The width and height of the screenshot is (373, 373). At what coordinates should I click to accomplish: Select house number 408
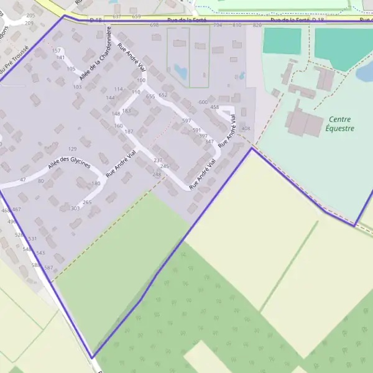tap(246, 129)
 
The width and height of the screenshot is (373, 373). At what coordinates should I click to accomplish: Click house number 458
tap(214, 108)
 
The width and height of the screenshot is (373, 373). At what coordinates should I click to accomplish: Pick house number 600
tap(203, 102)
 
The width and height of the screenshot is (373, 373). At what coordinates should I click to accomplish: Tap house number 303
tap(75, 208)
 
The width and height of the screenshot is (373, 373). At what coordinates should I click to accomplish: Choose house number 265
tap(87, 203)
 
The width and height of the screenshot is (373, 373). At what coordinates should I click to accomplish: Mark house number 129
tap(72, 149)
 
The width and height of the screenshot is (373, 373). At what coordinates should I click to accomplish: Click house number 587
tap(49, 268)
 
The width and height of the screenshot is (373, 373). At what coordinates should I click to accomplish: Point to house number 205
tap(30, 15)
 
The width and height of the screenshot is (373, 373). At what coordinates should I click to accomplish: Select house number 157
tap(57, 50)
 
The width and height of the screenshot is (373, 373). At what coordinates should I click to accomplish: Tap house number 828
tap(257, 25)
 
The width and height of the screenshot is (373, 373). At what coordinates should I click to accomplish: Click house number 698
tap(155, 25)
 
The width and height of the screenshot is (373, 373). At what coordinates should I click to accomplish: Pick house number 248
tap(156, 175)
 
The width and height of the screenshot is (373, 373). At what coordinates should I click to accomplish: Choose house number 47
tap(23, 180)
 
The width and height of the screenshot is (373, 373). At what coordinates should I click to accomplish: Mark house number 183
tap(126, 111)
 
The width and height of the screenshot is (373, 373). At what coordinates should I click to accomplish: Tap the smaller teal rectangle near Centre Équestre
tap(282, 40)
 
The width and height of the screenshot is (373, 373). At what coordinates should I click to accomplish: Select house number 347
tap(209, 142)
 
